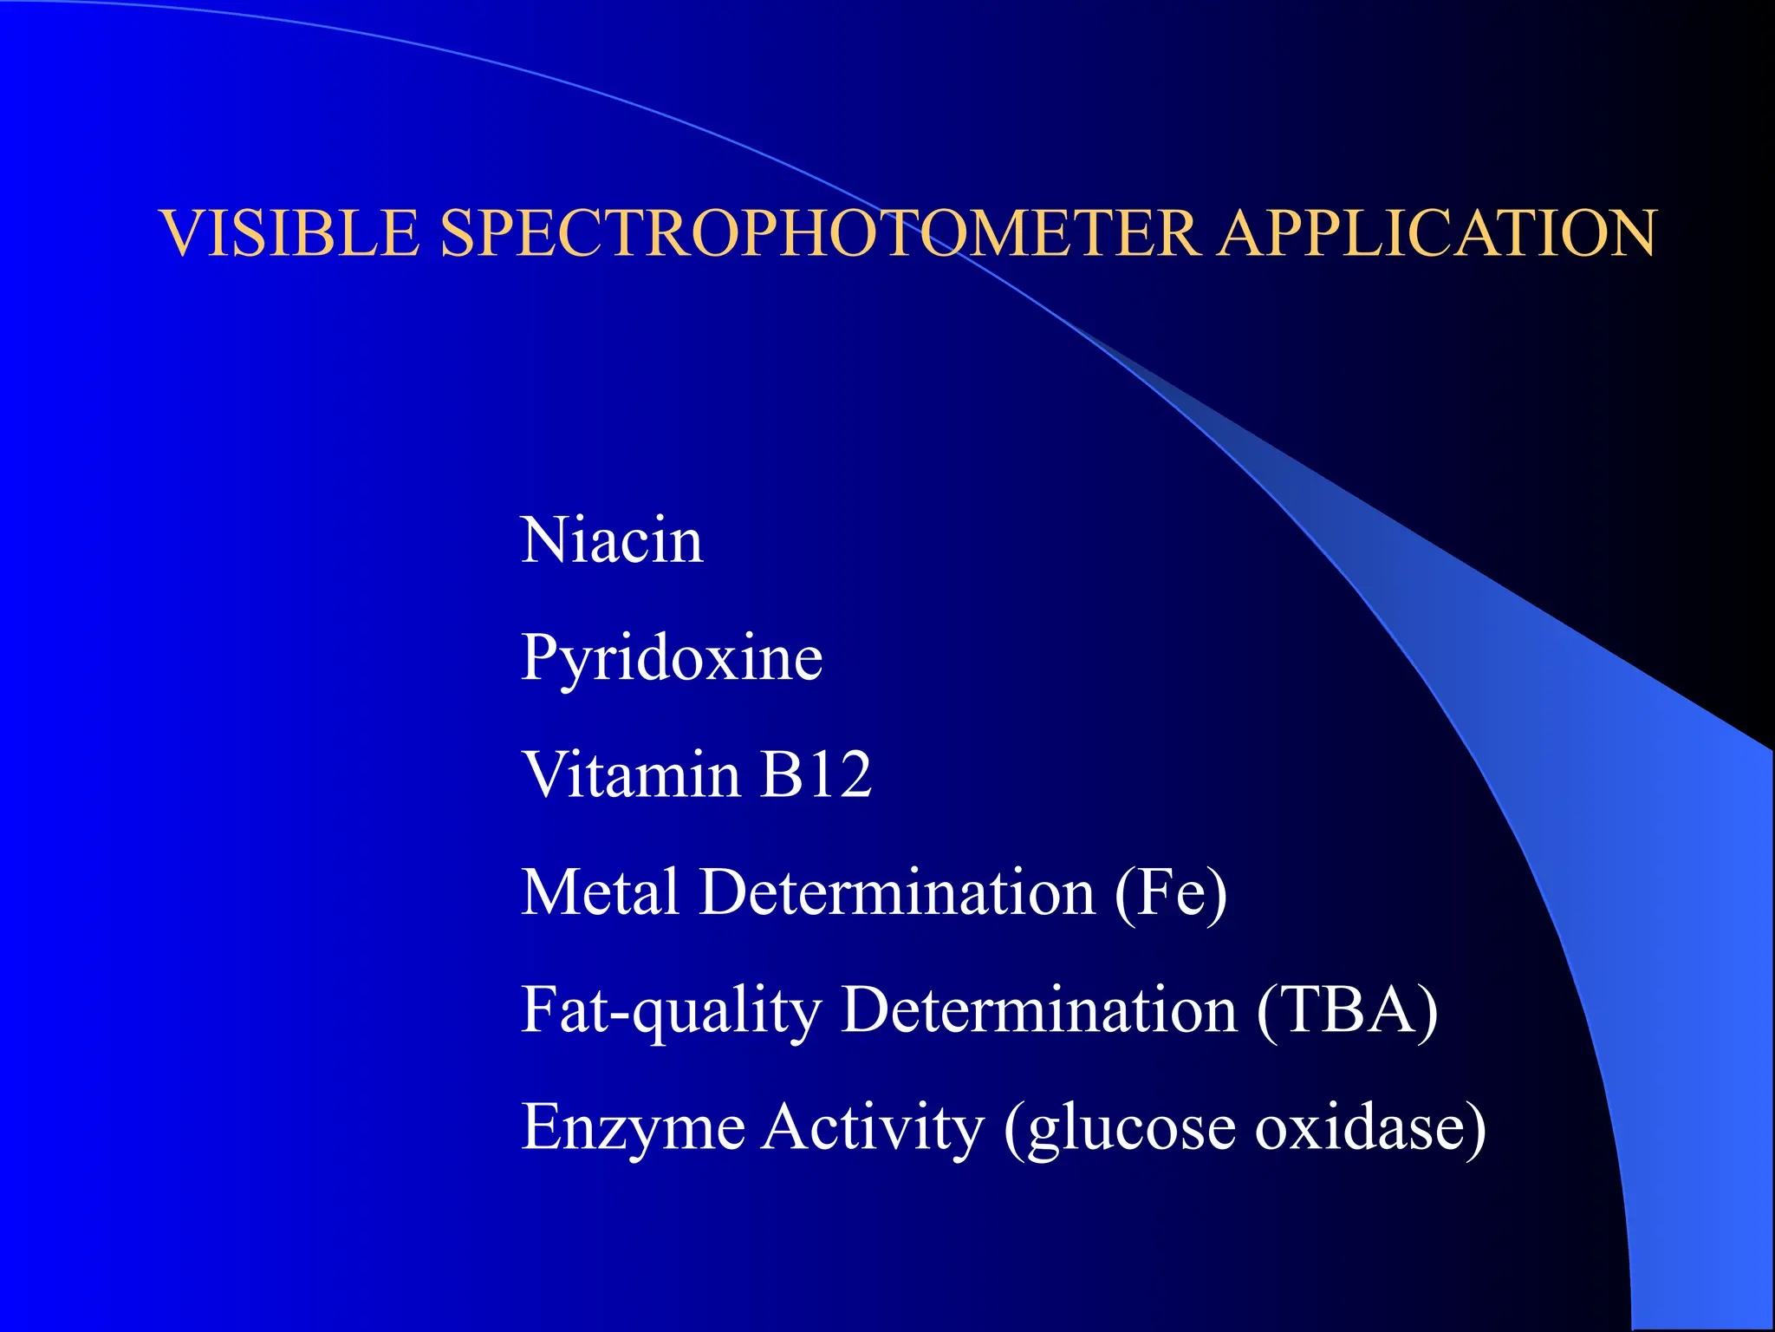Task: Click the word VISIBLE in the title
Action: click(290, 233)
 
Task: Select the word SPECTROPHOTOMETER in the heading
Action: click(819, 233)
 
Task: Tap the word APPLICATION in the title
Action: click(1437, 233)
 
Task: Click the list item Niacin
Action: click(611, 540)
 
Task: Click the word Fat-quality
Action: click(671, 1011)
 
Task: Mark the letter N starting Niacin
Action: click(543, 540)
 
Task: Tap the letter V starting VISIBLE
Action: click(183, 233)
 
